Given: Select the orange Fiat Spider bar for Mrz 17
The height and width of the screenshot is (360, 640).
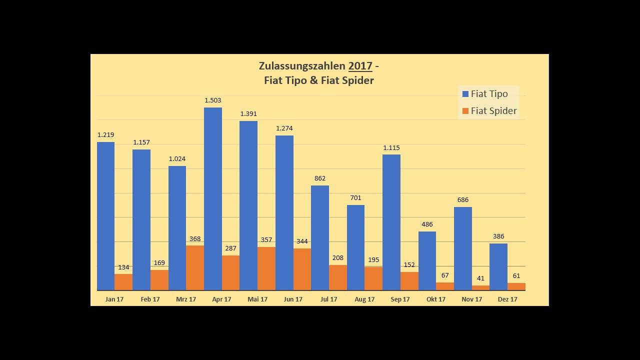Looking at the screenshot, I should point(195,268).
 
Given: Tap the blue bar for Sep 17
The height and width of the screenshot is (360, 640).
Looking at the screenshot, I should point(391,222).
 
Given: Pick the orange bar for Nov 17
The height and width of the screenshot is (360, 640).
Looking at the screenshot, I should point(480,288).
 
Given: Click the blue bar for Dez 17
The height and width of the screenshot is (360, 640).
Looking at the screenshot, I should point(498,267).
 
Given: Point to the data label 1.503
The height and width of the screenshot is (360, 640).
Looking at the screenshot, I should point(213,100).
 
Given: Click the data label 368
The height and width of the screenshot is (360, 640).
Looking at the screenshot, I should point(195,239).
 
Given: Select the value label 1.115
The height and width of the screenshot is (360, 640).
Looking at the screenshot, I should point(391,148).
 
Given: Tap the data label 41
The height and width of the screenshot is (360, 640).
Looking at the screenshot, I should point(480,278).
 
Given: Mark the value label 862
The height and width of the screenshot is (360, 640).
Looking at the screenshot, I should point(320,178).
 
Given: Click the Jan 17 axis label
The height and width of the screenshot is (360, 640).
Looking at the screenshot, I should point(114,299).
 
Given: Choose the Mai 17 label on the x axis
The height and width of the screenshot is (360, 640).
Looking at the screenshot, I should point(257,299).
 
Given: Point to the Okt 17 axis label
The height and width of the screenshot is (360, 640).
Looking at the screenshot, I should point(436,299).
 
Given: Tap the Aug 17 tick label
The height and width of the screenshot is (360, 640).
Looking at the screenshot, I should point(364,299).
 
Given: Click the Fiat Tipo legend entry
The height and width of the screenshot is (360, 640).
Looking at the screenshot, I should point(488,94).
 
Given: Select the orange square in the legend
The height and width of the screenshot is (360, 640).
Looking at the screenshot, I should point(465,111).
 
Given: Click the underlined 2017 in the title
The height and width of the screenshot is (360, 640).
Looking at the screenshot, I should point(360,66).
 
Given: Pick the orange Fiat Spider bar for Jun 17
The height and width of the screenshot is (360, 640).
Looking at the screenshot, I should point(302,269).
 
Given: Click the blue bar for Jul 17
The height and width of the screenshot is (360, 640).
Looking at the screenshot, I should point(320,238).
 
